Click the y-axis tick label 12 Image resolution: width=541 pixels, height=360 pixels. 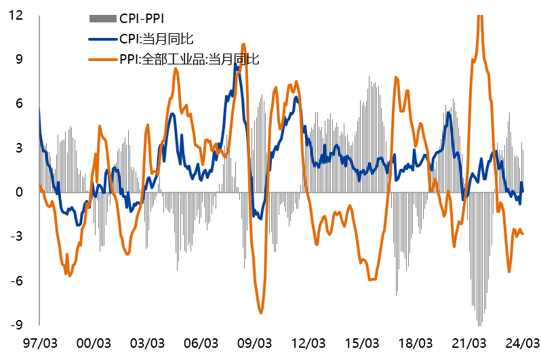(x=16, y=15)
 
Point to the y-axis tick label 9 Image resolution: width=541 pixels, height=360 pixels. (x=20, y=59)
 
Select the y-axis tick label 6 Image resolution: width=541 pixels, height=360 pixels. (x=20, y=103)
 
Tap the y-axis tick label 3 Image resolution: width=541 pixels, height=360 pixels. (x=20, y=148)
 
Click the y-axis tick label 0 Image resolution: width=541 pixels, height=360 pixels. (x=20, y=192)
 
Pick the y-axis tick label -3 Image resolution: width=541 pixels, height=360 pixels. (x=17, y=236)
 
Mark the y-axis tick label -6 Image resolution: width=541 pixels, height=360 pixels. (x=17, y=281)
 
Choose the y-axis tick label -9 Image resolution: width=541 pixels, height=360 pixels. (x=17, y=325)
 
